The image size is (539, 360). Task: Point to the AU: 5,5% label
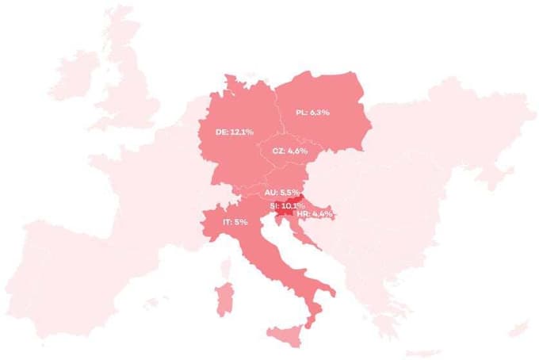(x=281, y=193)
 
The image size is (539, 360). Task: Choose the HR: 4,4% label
(x=314, y=214)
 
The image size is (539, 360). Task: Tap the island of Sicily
(x=284, y=337)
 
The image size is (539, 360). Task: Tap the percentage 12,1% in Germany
(x=241, y=132)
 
